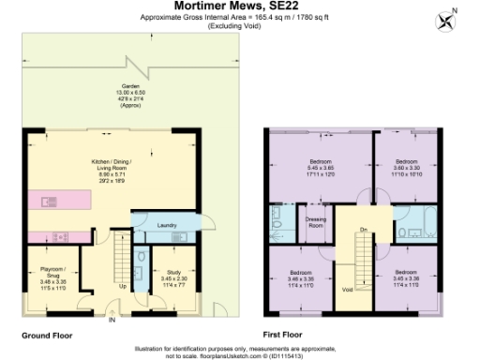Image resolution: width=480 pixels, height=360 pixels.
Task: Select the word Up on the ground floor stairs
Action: click(x=123, y=285)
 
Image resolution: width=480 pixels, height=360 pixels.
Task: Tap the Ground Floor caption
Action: click(x=46, y=334)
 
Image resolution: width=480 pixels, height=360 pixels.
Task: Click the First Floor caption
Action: click(x=285, y=334)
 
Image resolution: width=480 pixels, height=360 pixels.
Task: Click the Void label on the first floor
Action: click(x=347, y=289)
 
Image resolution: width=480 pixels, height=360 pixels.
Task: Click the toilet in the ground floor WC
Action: click(x=139, y=256)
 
